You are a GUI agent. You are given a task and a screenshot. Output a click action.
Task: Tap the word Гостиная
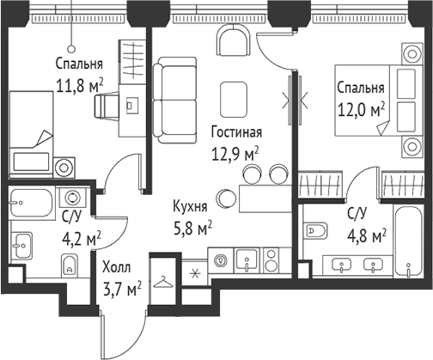click(235, 132)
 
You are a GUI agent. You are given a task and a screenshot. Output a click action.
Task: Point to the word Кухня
click(189, 208)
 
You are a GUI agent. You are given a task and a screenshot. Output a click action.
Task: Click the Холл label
click(117, 268)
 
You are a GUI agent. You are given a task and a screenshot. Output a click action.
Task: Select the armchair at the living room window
click(235, 40)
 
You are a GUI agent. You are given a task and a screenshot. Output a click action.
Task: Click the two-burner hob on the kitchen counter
click(270, 261)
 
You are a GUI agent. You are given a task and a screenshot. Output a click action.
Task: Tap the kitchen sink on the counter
click(245, 261)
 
